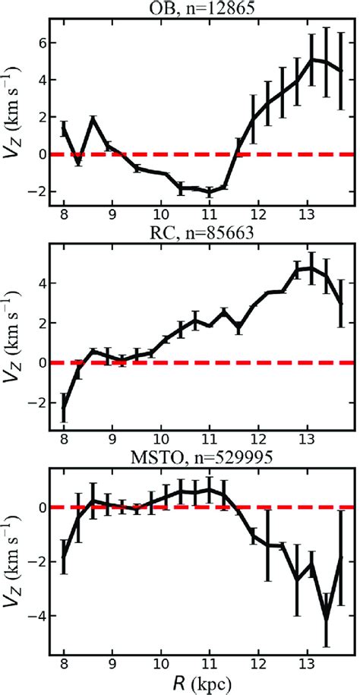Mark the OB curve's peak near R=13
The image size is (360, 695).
pyautogui.click(x=311, y=59)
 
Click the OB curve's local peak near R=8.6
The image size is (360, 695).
pyautogui.click(x=93, y=118)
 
